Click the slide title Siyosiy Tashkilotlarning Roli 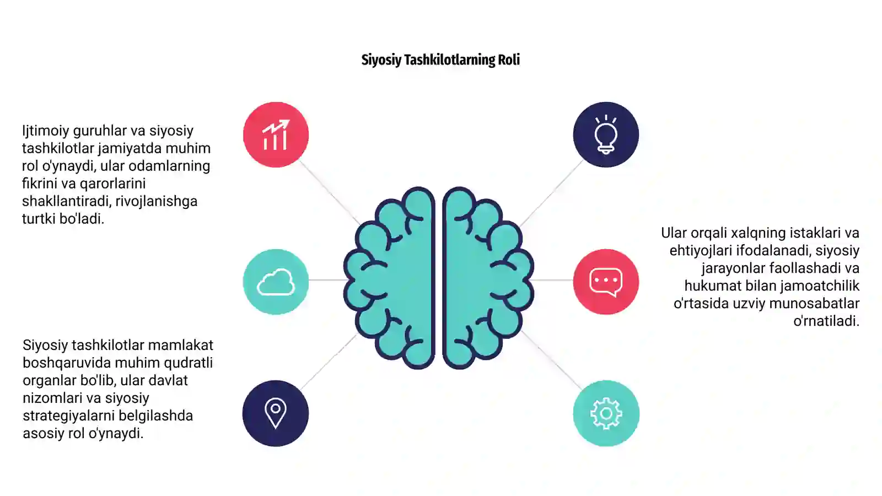coord(440,60)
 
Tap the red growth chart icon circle coord(276,134)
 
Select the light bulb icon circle coord(606,134)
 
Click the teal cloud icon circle coord(276,282)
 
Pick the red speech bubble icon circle coord(606,282)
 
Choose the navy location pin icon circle coord(276,413)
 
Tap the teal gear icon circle coord(606,413)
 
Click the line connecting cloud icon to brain coord(327,280)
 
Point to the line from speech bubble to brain coord(553,280)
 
